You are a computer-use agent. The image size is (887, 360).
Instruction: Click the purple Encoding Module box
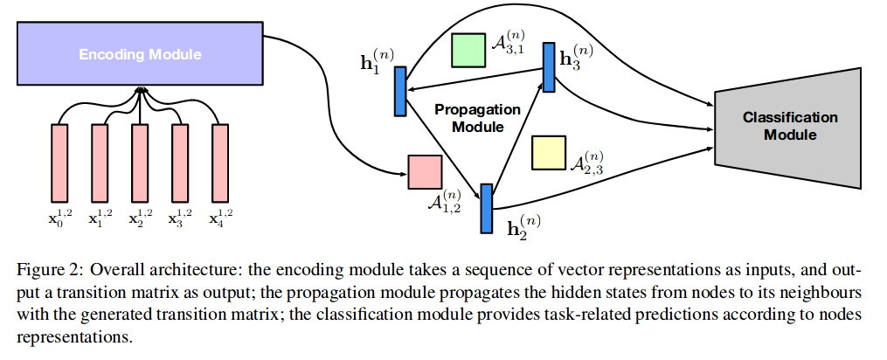140,54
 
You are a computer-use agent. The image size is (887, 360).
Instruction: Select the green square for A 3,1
468,51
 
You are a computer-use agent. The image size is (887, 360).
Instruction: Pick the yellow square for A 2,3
549,152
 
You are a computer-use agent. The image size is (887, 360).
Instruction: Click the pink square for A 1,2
425,171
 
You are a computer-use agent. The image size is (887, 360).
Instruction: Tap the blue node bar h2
486,208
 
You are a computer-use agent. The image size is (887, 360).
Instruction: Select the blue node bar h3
549,67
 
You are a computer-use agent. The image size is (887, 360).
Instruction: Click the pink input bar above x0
59,162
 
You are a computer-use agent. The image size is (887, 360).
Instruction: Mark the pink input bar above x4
220,162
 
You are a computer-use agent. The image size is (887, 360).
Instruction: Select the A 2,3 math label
587,160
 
